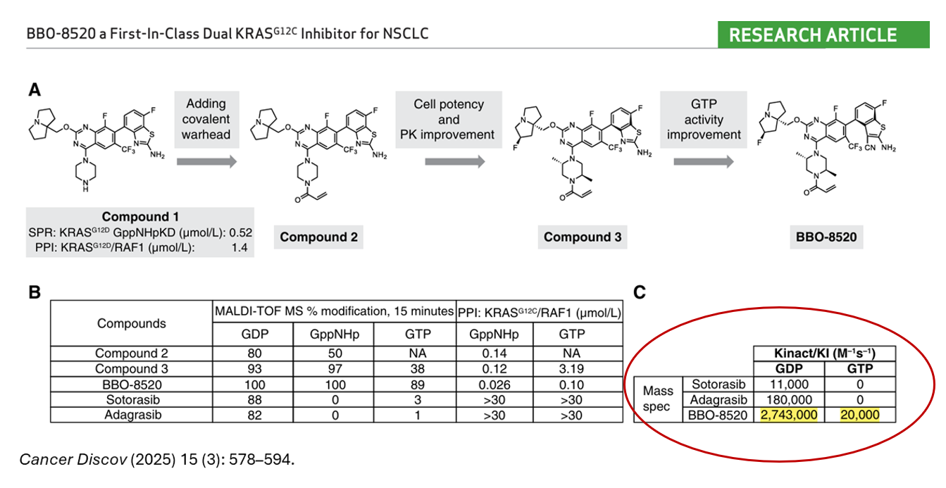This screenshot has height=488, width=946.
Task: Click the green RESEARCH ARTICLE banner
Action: pos(823,35)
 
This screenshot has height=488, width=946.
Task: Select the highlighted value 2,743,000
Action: pos(788,415)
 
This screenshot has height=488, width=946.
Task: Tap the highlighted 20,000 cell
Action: pos(859,415)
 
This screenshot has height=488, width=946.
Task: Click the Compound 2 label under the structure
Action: pos(318,237)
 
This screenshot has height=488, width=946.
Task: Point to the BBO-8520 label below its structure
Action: pos(826,237)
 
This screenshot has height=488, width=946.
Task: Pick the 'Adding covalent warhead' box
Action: pos(206,119)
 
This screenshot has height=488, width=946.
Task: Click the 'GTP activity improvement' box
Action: pos(704,119)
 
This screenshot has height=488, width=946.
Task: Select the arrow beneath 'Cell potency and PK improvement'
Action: pos(455,162)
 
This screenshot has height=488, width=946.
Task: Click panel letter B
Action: pos(35,292)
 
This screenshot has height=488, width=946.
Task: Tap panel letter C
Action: pos(640,292)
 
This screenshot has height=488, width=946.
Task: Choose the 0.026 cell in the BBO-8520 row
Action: pos(494,384)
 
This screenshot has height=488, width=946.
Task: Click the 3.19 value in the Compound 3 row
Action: pos(571,368)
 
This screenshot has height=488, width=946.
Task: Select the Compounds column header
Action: pos(131,323)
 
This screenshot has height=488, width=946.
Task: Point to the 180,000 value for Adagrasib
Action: pos(788,399)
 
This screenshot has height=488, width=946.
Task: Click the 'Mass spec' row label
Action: pos(658,399)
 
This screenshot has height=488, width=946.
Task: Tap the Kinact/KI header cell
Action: pos(824,354)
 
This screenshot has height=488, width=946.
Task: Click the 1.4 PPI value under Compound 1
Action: pos(239,247)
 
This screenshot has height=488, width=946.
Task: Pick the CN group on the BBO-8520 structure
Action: pos(869,148)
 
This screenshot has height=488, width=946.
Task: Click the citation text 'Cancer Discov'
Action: pos(73,459)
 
